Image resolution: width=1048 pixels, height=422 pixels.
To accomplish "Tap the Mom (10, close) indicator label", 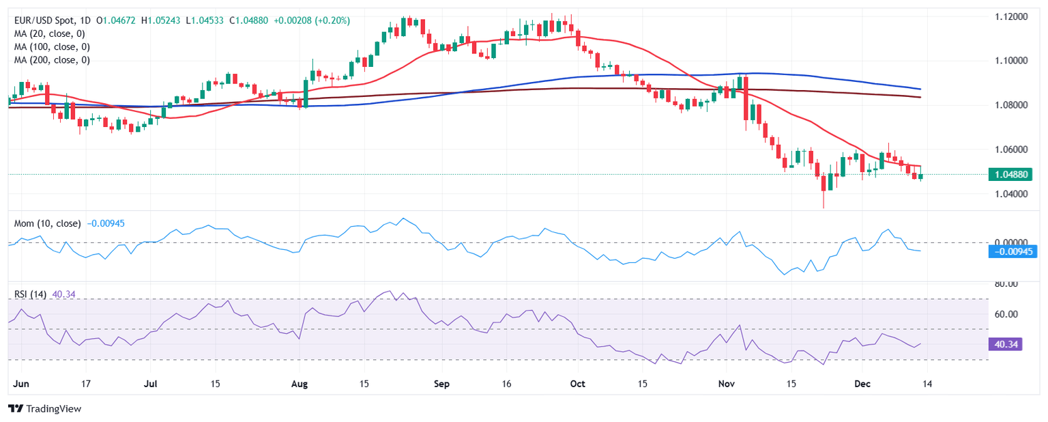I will (x=47, y=223).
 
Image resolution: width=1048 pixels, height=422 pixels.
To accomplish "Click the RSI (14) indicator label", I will (x=30, y=294).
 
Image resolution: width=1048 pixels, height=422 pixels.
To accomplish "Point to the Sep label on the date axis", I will (x=441, y=384).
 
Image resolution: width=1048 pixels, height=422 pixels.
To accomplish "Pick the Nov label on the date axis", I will (x=726, y=384).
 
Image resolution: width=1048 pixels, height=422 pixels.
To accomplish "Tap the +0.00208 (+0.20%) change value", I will (x=312, y=20).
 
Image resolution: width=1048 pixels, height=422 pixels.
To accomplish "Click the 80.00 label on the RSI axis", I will (x=1002, y=283).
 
